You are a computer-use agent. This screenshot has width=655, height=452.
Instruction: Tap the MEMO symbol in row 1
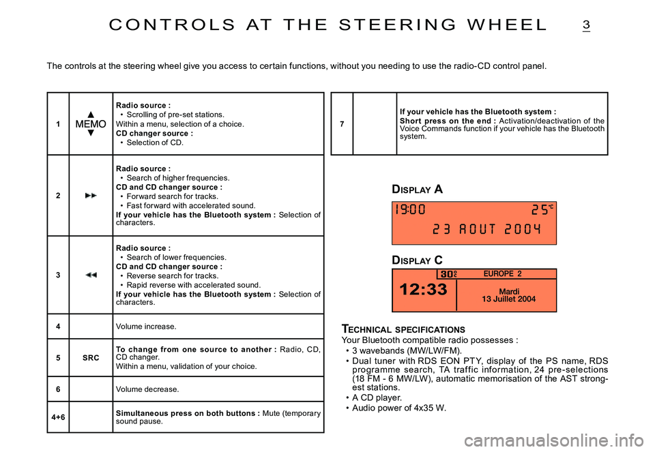(x=90, y=124)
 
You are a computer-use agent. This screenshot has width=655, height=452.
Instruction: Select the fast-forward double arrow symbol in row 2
(x=90, y=196)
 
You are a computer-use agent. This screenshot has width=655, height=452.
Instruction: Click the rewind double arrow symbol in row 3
(x=90, y=275)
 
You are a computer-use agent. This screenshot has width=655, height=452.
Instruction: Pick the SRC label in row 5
(x=90, y=358)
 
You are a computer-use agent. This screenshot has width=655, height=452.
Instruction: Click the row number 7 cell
(x=342, y=124)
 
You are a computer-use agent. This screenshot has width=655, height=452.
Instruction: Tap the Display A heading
(x=417, y=190)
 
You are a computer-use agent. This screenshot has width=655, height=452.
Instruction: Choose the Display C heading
(x=417, y=260)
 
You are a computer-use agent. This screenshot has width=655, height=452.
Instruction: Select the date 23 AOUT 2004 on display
(x=487, y=229)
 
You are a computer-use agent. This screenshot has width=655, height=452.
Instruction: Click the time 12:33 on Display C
(x=423, y=290)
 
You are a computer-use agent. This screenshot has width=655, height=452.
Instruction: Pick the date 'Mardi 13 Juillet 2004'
(x=508, y=295)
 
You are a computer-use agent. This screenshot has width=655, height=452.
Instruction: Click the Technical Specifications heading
(x=403, y=329)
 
